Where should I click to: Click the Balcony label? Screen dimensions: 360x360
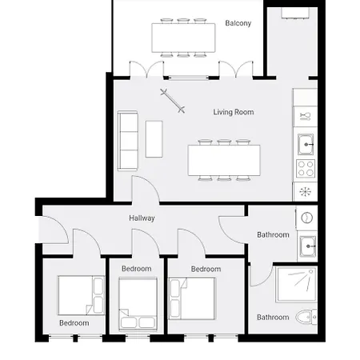(x=238, y=23)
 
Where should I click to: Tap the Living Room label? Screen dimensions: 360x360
(x=234, y=112)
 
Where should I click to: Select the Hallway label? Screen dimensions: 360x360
(x=142, y=218)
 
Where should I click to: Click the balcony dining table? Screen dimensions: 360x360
(x=183, y=38)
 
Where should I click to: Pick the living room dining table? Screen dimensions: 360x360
(x=224, y=160)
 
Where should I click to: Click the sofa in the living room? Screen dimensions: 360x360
(x=128, y=141)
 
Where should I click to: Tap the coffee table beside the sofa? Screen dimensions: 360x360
(x=154, y=139)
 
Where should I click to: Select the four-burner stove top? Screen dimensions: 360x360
(x=306, y=169)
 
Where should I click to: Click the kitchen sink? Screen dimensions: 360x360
(x=306, y=144)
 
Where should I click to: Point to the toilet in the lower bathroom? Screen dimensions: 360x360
(x=306, y=317)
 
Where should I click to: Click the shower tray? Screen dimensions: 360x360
(x=296, y=284)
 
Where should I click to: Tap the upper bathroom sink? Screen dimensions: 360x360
(x=307, y=246)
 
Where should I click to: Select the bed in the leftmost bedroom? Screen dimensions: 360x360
(x=81, y=295)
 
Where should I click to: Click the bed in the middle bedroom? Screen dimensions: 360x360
(x=138, y=304)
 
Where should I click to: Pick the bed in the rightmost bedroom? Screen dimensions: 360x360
(x=192, y=298)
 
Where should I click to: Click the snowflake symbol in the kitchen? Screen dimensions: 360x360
(x=306, y=191)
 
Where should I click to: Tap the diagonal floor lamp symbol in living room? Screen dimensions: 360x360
(x=173, y=101)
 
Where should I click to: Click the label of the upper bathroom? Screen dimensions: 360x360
(x=273, y=235)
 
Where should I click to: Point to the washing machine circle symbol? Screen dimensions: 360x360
(x=306, y=218)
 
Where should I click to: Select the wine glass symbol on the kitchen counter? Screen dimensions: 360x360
(x=306, y=117)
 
